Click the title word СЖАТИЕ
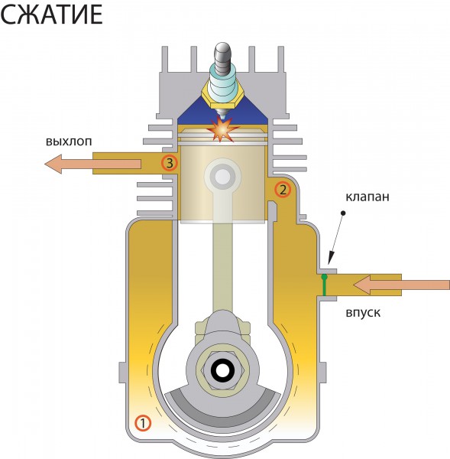point(51,14)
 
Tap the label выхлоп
point(69,142)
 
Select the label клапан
point(367,197)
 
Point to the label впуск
point(363,313)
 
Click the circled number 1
point(143,423)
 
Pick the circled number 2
point(283,190)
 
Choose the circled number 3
point(170,163)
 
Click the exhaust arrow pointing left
point(93,164)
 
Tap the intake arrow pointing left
point(401,285)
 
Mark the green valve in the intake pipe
point(324,285)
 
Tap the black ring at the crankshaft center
point(223,371)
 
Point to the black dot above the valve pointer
point(343,213)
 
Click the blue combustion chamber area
point(223,112)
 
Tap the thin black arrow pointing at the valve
point(336,239)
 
